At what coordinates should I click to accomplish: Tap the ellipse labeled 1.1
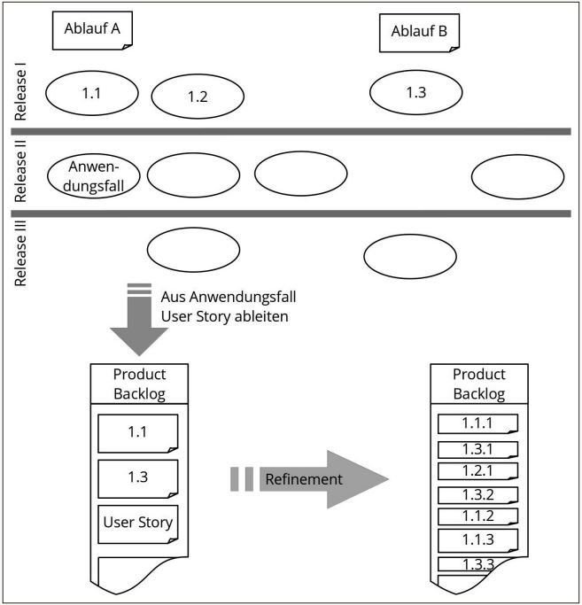[x=91, y=92]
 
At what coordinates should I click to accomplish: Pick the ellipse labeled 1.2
[x=198, y=97]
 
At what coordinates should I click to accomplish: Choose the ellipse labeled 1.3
[x=415, y=92]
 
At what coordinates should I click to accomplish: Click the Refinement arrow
[x=319, y=479]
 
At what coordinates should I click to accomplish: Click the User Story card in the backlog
[x=137, y=522]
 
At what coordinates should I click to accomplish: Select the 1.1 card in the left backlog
[x=137, y=434]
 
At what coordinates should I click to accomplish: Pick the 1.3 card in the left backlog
[x=137, y=477]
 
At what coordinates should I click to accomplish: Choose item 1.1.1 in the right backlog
[x=477, y=424]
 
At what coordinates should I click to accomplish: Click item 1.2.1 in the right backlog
[x=477, y=470]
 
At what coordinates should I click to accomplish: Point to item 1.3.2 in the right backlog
[x=477, y=495]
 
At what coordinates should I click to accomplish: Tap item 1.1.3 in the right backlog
[x=477, y=539]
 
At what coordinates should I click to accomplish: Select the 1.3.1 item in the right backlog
[x=477, y=449]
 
